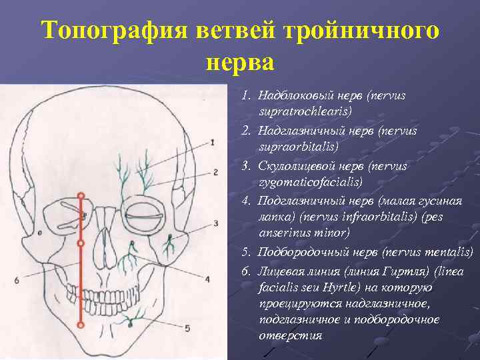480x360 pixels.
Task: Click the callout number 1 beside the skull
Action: pos(211,142)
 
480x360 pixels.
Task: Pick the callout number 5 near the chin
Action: pos(187,327)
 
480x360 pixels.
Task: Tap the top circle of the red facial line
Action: pos(81,196)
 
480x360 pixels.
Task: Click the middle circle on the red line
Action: pos(81,243)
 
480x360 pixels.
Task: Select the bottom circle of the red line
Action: pos(81,325)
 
